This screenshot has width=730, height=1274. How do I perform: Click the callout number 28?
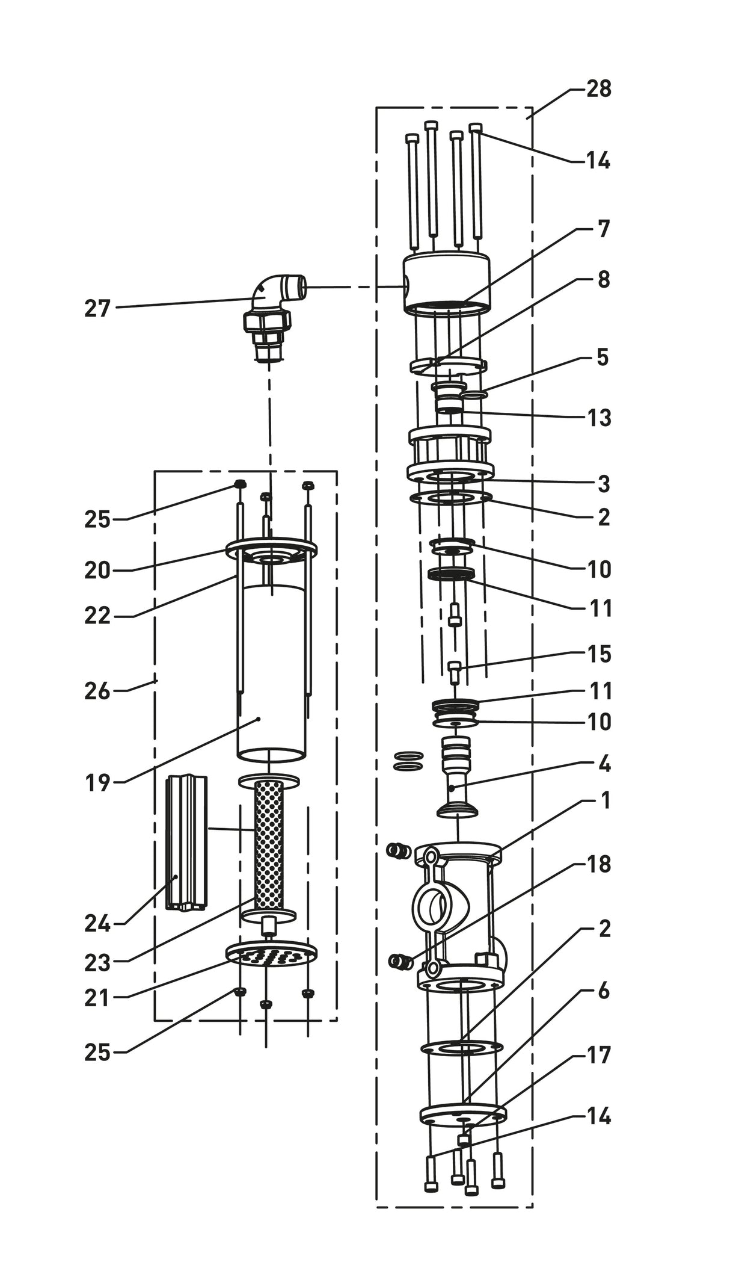pyautogui.click(x=598, y=89)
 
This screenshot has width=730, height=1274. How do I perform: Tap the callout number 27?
pyautogui.click(x=97, y=309)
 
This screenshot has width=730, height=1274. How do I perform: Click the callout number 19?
pyautogui.click(x=97, y=783)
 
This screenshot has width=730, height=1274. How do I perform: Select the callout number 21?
pyautogui.click(x=97, y=998)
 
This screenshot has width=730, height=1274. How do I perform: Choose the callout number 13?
pyautogui.click(x=599, y=417)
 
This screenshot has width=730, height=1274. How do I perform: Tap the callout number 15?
pyautogui.click(x=599, y=654)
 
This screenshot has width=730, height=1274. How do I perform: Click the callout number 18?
pyautogui.click(x=599, y=864)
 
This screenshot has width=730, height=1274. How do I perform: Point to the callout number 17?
pyautogui.click(x=599, y=1054)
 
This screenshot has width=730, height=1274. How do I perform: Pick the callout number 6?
pyautogui.click(x=604, y=991)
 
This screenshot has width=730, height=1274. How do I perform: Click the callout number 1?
pyautogui.click(x=605, y=800)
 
